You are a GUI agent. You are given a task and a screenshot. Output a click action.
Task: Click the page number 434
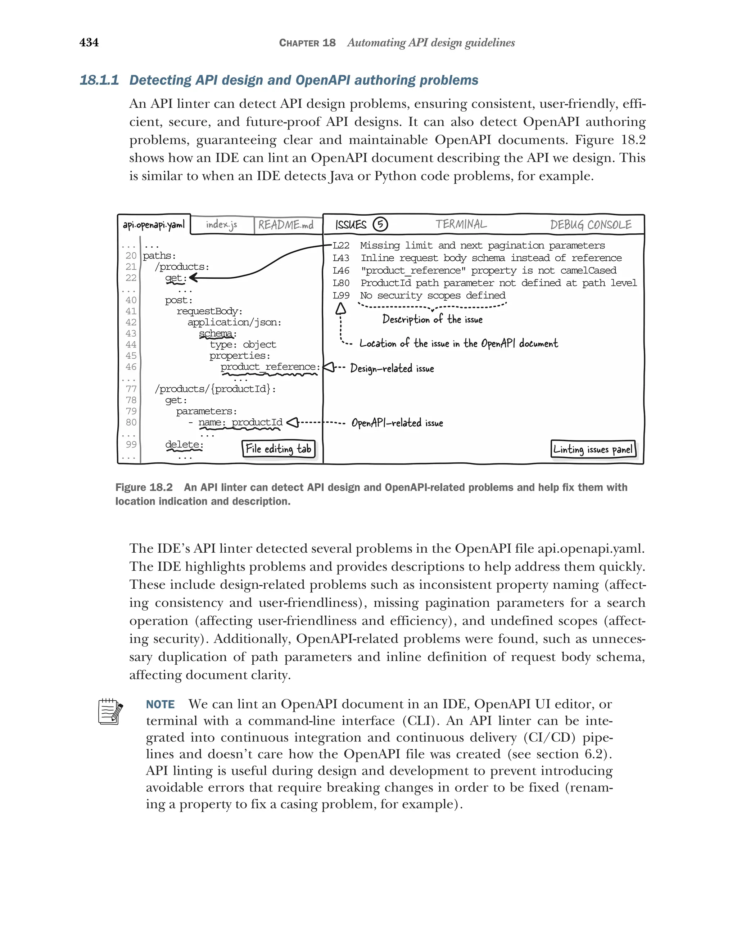coord(89,42)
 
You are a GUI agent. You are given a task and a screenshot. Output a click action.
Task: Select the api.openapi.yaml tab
coord(154,225)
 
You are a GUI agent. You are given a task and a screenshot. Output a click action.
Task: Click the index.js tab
coord(221,225)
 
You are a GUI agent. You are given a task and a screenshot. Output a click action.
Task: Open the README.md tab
coord(286,225)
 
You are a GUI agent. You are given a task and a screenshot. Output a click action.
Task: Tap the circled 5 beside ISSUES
coord(380,224)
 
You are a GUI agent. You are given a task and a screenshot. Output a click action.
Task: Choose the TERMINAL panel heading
coord(461,224)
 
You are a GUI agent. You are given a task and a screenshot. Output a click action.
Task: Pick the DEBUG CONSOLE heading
coord(591,225)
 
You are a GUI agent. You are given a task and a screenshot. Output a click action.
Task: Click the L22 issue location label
coord(341,246)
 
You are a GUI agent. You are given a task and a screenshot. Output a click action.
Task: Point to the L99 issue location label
coord(341,296)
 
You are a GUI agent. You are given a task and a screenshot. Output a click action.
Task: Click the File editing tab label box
coord(278,449)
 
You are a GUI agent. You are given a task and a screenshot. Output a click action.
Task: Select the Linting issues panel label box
coord(593,449)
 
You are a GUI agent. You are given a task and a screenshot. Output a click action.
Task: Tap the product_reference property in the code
coord(268,367)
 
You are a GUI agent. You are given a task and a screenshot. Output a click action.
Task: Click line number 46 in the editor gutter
coord(131,367)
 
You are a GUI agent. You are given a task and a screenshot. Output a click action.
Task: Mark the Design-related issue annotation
coord(392,368)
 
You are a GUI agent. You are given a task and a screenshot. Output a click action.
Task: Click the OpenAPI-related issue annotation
coord(397,423)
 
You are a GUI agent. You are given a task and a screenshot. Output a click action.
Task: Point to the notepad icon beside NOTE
coord(110,712)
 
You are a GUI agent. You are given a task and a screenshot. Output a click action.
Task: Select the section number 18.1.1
coord(99,80)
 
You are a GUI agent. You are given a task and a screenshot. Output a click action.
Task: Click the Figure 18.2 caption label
coord(144,488)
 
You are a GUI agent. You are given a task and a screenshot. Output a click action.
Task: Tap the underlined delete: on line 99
coord(184,444)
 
